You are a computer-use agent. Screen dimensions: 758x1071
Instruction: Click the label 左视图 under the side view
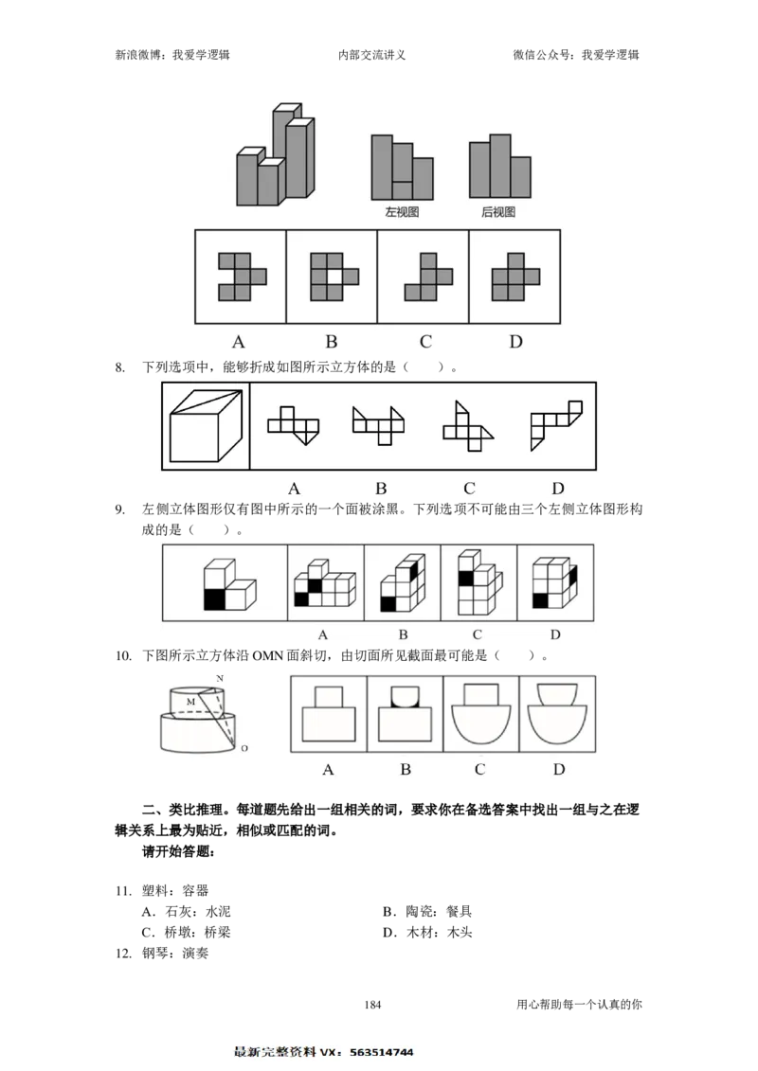pos(402,212)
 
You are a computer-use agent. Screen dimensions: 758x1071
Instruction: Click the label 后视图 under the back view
pos(498,212)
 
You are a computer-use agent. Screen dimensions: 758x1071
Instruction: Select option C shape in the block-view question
pos(428,277)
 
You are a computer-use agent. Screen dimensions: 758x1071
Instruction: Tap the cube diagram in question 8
pos(206,426)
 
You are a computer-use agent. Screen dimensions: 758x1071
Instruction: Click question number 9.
pos(120,509)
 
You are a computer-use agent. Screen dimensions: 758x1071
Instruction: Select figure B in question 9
pos(403,582)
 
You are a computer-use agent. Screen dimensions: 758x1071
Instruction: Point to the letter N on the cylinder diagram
pos(220,678)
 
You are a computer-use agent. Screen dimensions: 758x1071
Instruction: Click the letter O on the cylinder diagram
pos(244,749)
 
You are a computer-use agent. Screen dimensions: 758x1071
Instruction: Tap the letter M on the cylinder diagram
pos(190,702)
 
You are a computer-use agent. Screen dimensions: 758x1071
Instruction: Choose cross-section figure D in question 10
pos(557,714)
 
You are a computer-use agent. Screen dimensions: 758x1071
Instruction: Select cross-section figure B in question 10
pos(405,714)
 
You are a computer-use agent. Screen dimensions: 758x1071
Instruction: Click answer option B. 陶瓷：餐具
pos(427,911)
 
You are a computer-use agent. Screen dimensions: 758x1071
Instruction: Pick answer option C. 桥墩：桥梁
pos(186,933)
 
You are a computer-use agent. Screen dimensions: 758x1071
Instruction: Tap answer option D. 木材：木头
pos(427,933)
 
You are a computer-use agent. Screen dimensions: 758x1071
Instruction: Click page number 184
pos(372,1004)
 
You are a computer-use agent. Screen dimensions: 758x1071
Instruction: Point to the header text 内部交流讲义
pos(371,55)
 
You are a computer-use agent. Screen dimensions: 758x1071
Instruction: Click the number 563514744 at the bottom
pos(382,1053)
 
